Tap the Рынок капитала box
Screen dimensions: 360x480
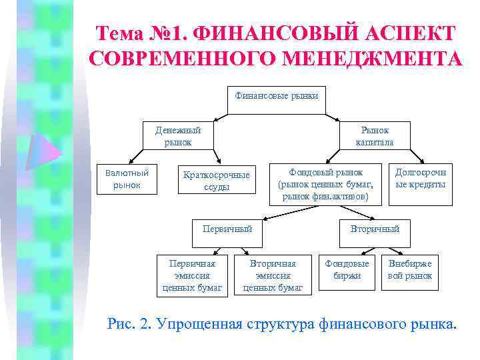pyautogui.click(x=374, y=137)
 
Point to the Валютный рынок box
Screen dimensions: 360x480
pyautogui.click(x=127, y=179)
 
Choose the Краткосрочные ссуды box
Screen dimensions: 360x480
pyautogui.click(x=217, y=181)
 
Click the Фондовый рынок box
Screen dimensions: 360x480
pyautogui.click(x=325, y=183)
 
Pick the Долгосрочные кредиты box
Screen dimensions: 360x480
pyautogui.click(x=421, y=178)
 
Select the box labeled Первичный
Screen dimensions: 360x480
pyautogui.click(x=227, y=229)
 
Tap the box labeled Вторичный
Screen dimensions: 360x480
pyautogui.click(x=375, y=229)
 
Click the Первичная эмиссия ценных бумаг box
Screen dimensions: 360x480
pyautogui.click(x=192, y=275)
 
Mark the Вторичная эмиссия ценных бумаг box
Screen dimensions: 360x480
pyautogui.click(x=273, y=275)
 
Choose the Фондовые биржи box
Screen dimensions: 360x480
pyautogui.click(x=347, y=269)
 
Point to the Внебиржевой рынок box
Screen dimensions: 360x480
pyautogui.click(x=410, y=269)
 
